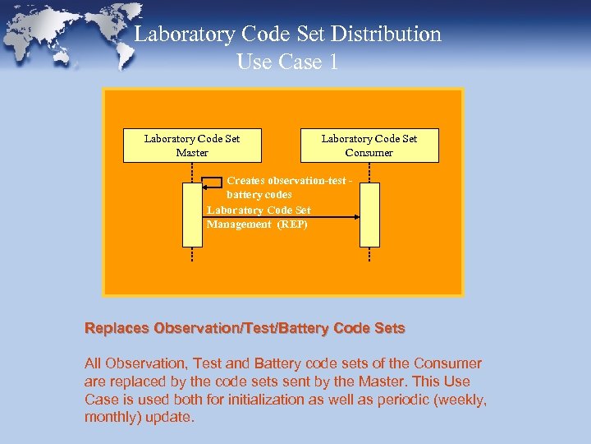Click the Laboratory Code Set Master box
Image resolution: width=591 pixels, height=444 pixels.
(x=192, y=146)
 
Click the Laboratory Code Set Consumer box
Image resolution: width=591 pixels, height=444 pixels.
(x=369, y=146)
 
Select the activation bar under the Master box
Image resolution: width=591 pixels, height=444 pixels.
(x=192, y=214)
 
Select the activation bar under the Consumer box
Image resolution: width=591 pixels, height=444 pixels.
(x=369, y=214)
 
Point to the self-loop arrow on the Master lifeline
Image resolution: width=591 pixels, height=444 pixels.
(x=212, y=183)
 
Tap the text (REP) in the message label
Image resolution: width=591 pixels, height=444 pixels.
(x=293, y=224)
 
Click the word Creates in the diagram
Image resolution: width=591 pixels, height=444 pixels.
(x=246, y=180)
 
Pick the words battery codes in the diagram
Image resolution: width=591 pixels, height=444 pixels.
(x=259, y=195)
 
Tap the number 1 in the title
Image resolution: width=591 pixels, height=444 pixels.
(x=332, y=62)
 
